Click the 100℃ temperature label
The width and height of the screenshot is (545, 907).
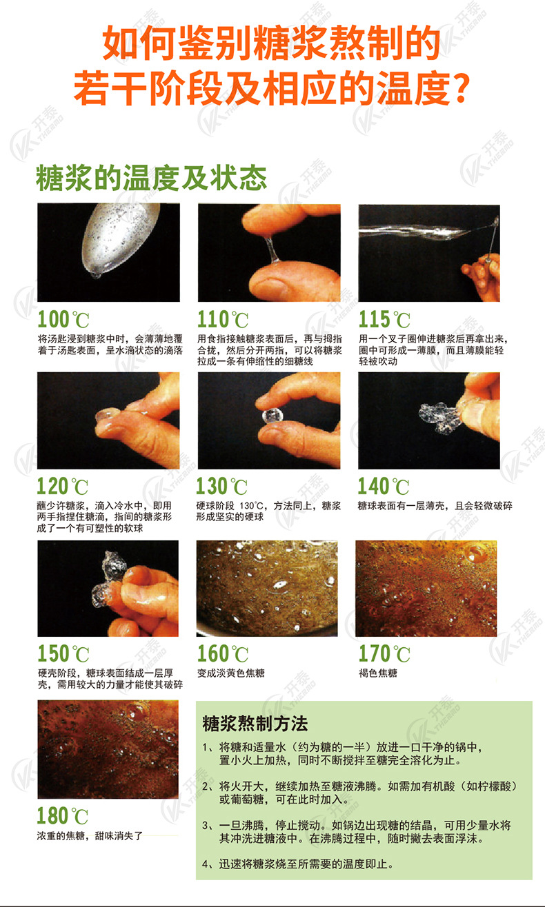pos(63,320)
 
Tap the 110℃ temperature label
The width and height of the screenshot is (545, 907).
pos(223,320)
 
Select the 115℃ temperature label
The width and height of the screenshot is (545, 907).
pos(384,320)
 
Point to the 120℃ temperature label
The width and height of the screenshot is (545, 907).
pos(63,487)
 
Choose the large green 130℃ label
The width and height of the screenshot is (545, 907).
pos(222,487)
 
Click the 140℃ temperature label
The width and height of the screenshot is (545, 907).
pos(384,487)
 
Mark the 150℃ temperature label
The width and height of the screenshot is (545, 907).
pos(63,653)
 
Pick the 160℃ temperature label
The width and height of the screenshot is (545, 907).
pos(222,653)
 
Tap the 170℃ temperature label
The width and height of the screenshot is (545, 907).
pos(384,653)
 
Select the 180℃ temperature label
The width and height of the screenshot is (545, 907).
pos(63,817)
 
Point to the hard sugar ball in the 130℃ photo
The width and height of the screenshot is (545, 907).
pos(270,416)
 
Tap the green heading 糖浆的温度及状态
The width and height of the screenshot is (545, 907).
pos(152,178)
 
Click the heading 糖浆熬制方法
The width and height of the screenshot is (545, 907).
pos(255,724)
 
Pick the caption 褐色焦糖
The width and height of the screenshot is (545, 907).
pos(378,673)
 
